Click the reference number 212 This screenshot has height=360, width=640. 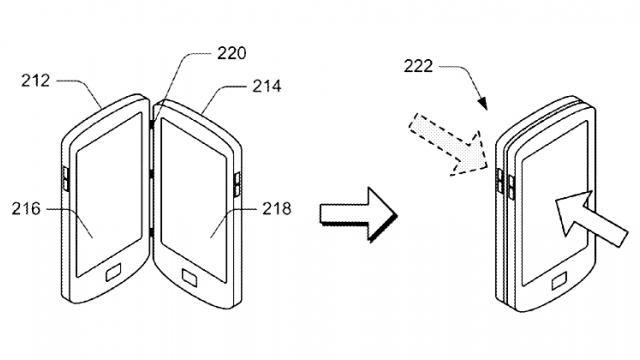[x=36, y=80]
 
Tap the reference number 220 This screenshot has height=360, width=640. [x=231, y=53]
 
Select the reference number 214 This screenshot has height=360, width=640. [x=267, y=86]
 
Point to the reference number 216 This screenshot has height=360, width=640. [x=26, y=209]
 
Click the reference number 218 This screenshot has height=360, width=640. [x=276, y=209]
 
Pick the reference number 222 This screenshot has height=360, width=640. [x=418, y=66]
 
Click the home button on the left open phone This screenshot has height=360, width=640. [x=113, y=273]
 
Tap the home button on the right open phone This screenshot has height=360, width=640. [x=189, y=278]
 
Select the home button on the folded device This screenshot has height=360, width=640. [x=559, y=282]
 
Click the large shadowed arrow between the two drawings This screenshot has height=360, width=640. [x=358, y=214]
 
